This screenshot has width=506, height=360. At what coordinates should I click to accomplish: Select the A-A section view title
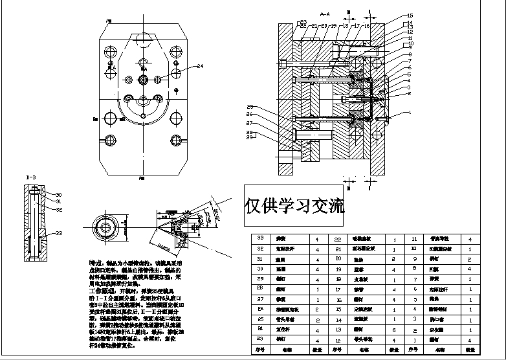point(325,13)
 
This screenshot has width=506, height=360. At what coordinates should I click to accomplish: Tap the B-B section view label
point(30,177)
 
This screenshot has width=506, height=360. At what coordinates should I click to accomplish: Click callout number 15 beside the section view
point(409,15)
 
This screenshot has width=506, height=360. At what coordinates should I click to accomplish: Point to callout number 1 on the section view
point(409,113)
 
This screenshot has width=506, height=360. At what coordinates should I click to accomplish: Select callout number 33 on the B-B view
point(58,233)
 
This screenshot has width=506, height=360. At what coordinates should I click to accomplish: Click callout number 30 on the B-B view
point(58,195)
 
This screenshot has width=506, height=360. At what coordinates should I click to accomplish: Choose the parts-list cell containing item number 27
point(261,300)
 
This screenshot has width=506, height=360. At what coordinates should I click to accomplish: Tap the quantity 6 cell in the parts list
point(395,330)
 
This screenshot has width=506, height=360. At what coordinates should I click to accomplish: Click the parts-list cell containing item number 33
point(261,239)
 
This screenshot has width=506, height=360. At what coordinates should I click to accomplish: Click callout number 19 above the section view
point(334,25)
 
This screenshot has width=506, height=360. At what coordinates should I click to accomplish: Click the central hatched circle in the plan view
point(144,79)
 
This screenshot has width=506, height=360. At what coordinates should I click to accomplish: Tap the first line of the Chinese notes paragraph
point(129,264)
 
